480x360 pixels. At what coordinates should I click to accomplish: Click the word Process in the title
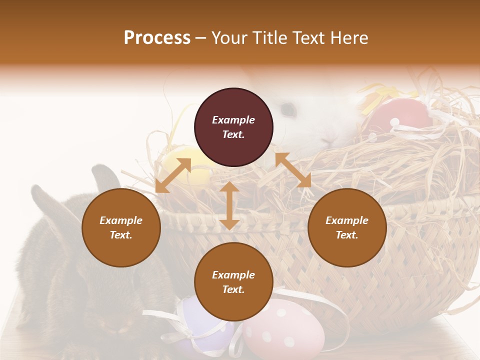[157, 38]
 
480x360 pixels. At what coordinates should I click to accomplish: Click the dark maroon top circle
[233, 127]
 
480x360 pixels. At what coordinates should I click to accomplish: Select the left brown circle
[121, 227]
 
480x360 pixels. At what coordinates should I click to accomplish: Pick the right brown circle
[347, 227]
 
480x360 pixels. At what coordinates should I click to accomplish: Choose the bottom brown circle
[233, 282]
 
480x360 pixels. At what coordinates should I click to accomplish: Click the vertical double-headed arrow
[229, 205]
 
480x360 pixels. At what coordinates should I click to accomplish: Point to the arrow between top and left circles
[173, 175]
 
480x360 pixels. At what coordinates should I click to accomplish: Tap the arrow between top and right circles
[293, 170]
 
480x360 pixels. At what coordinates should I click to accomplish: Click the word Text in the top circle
[233, 134]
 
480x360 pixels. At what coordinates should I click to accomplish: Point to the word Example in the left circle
[121, 220]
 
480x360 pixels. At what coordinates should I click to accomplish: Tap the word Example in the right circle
[347, 220]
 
